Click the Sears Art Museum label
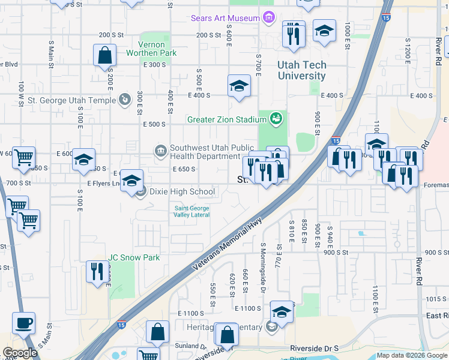click(x=224, y=18)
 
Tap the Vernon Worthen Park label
click(x=151, y=49)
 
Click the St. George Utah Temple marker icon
click(x=125, y=99)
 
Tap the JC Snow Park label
click(x=134, y=257)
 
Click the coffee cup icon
click(x=23, y=323)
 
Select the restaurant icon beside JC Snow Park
click(x=95, y=271)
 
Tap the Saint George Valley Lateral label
click(x=191, y=211)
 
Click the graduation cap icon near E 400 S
click(x=238, y=85)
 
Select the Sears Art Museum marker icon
click(x=268, y=18)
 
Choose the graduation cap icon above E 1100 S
click(x=282, y=311)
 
